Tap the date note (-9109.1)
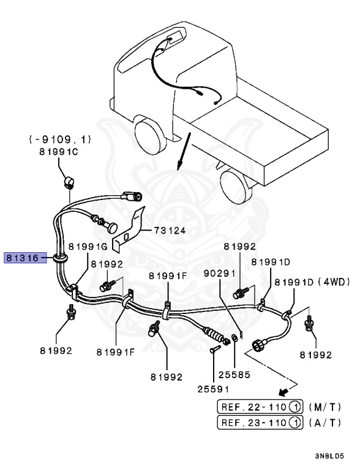tap(60, 140)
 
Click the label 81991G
tap(88, 246)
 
